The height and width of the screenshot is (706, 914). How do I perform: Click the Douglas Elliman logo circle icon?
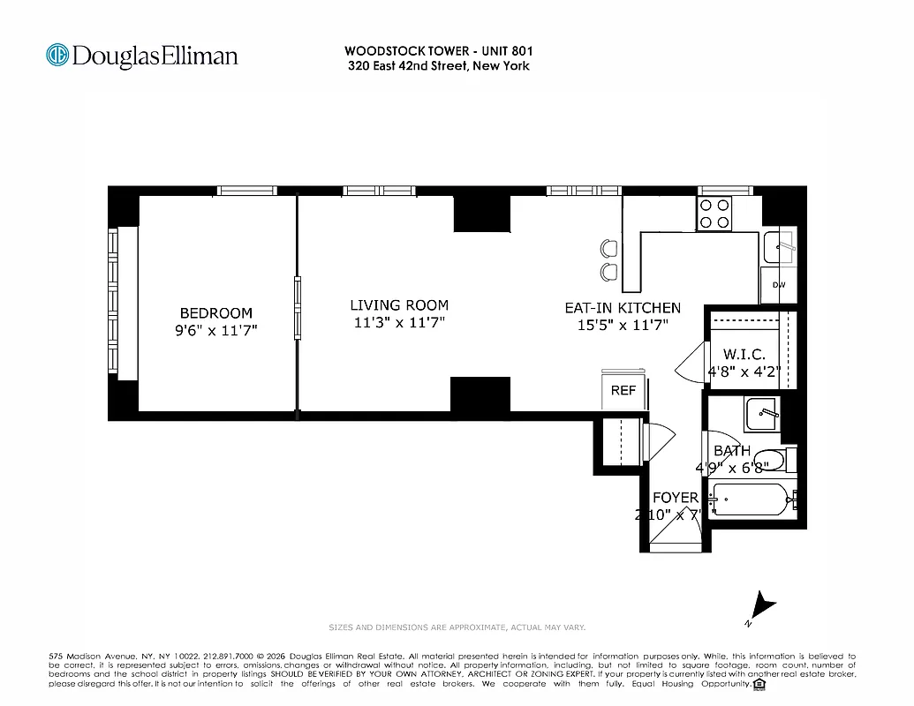coord(58,56)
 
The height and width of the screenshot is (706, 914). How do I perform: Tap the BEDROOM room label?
coord(215,313)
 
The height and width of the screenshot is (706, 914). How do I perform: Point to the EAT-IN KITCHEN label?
coord(623,308)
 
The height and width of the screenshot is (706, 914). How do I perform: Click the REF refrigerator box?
coord(623,390)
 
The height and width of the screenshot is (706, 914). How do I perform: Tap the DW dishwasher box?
coord(778,285)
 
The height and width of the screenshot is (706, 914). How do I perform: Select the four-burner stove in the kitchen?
coord(714,213)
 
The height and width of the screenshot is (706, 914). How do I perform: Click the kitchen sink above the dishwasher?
coord(779,247)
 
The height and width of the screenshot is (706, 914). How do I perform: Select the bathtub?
coord(751,500)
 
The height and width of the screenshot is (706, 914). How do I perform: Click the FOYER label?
coord(676,498)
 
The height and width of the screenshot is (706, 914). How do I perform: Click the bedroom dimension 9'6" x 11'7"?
coord(215,330)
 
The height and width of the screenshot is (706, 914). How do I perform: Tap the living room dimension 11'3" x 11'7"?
coord(398,323)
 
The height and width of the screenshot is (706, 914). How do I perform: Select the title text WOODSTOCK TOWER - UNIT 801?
coord(438,51)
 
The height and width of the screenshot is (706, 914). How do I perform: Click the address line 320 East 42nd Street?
coord(438,65)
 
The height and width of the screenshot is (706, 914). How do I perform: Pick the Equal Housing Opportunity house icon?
coord(759,684)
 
